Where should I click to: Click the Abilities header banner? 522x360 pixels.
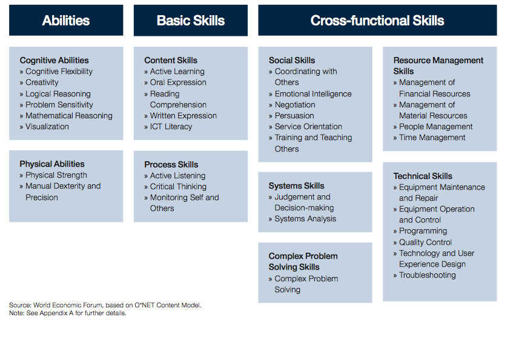[x=66, y=21]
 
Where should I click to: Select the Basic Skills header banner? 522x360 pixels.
[x=191, y=21]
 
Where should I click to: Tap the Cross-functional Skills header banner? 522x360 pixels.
[x=377, y=21]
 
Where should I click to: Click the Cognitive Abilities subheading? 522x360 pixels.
[x=55, y=60]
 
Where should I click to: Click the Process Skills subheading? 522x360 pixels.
[x=171, y=164]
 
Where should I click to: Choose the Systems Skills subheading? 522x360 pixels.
[x=296, y=186]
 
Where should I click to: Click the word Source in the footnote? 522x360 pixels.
[x=19, y=305]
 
